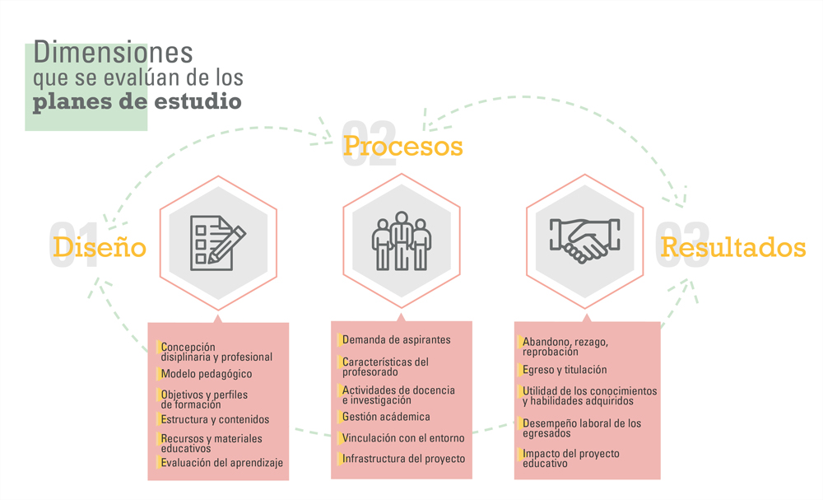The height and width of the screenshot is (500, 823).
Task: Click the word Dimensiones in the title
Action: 113,52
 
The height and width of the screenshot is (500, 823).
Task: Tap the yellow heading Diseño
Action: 100,247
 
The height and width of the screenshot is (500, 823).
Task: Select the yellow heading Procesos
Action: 403,146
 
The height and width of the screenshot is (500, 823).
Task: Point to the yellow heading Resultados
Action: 732,247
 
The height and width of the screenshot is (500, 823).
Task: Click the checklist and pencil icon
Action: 217,243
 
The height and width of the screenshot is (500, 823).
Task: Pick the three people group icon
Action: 402,241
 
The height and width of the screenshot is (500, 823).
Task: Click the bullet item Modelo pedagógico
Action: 207,374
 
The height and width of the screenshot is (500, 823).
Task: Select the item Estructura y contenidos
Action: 215,419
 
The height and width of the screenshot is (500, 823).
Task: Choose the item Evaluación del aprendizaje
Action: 221,463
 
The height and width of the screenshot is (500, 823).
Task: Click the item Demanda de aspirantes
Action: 397,340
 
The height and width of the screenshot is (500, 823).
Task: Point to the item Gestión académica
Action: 386,417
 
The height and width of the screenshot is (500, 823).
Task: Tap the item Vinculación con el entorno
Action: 403,438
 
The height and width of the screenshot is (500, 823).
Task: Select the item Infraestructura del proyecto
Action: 403,459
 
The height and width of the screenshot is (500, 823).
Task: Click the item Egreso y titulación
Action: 565,370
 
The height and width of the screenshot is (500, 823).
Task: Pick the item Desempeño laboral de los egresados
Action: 582,428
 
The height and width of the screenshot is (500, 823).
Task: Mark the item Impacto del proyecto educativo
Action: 570,458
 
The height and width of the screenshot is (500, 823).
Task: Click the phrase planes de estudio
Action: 137,101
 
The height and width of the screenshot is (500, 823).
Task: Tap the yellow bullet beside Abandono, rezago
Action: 519,342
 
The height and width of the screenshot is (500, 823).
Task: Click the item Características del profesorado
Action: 385,367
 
